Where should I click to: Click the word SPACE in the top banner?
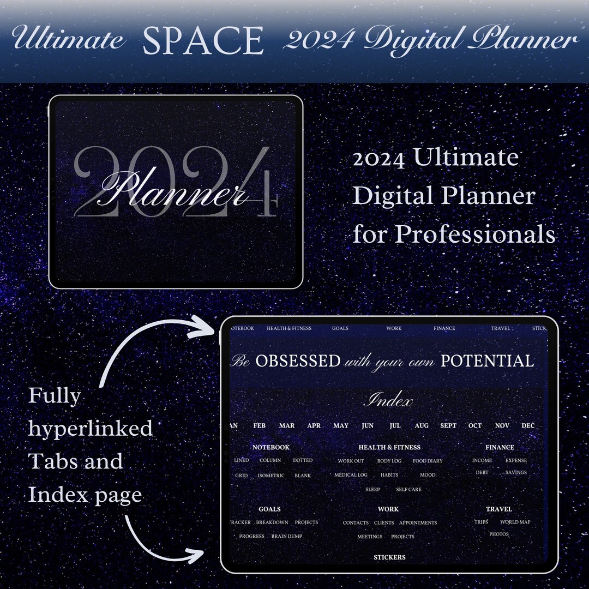[203, 40]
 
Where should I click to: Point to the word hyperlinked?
[91, 429]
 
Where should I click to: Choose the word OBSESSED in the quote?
[298, 361]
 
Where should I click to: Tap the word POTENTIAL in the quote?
[487, 361]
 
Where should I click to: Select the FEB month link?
[260, 425]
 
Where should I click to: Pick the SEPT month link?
[448, 425]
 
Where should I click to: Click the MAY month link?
[341, 425]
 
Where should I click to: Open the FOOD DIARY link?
[428, 461]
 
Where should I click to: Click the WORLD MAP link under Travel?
[515, 522]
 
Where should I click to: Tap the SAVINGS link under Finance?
[516, 472]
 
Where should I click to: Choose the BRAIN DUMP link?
[287, 536]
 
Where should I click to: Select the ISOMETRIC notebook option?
[271, 476]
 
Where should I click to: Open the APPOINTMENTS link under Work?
[418, 522]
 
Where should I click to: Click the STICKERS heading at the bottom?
[389, 557]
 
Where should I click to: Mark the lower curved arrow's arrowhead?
[197, 555]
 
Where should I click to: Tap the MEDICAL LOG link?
[351, 475]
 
